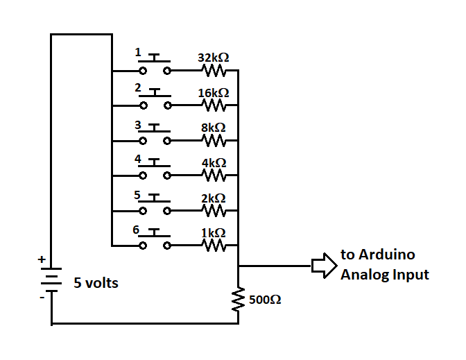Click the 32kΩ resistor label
(x=214, y=58)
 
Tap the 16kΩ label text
(x=214, y=93)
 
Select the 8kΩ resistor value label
(x=214, y=128)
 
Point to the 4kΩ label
(x=214, y=163)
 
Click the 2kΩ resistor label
(x=214, y=198)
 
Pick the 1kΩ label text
(x=214, y=233)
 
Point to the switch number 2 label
(x=138, y=88)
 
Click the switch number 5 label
(x=138, y=194)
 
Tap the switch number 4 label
(x=138, y=159)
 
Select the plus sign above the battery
(x=42, y=259)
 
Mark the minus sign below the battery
(x=42, y=298)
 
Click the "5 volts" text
(x=96, y=283)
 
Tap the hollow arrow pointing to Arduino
(x=323, y=265)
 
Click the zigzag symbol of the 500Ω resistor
(x=238, y=300)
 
